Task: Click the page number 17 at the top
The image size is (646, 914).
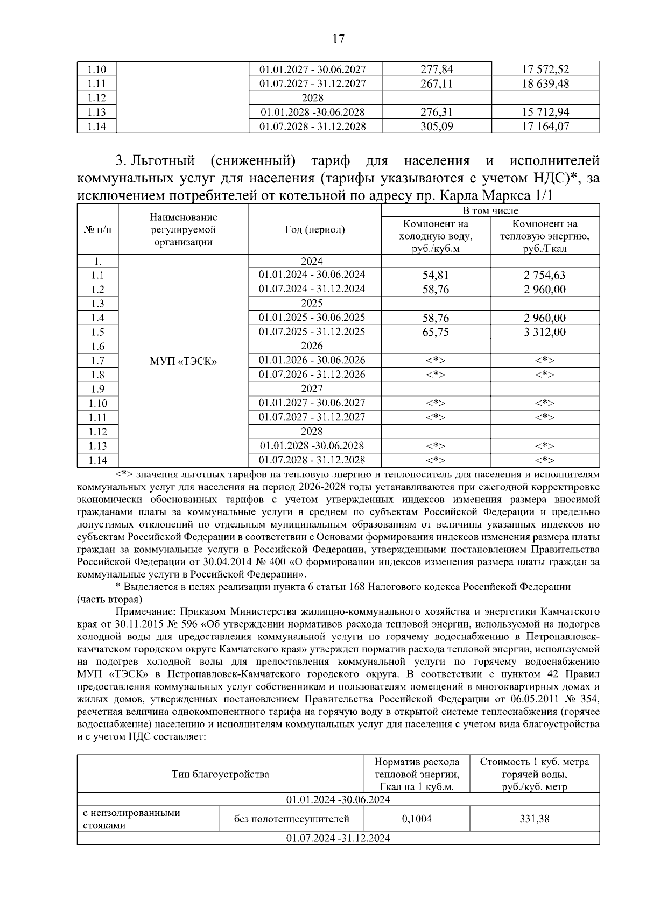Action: pyautogui.click(x=338, y=39)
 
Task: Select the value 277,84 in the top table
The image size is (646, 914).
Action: pyautogui.click(x=436, y=69)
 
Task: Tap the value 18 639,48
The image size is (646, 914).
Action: pyautogui.click(x=545, y=83)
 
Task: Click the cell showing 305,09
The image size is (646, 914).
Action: pyautogui.click(x=436, y=126)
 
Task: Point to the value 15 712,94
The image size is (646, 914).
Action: pyautogui.click(x=545, y=113)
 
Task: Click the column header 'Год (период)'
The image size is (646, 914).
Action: pyautogui.click(x=314, y=230)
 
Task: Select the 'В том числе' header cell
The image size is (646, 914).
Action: pyautogui.click(x=490, y=210)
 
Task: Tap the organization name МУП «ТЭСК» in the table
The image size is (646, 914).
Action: pyautogui.click(x=183, y=361)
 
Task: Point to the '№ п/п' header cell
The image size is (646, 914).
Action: pyautogui.click(x=97, y=230)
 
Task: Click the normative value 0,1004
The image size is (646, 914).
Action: pyautogui.click(x=416, y=819)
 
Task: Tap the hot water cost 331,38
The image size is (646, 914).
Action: pyautogui.click(x=534, y=819)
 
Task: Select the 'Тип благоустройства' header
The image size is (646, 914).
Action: pyautogui.click(x=220, y=775)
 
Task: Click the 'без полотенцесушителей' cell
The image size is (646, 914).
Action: pyautogui.click(x=291, y=819)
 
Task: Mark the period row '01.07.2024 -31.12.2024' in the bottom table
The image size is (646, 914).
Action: pyautogui.click(x=338, y=838)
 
